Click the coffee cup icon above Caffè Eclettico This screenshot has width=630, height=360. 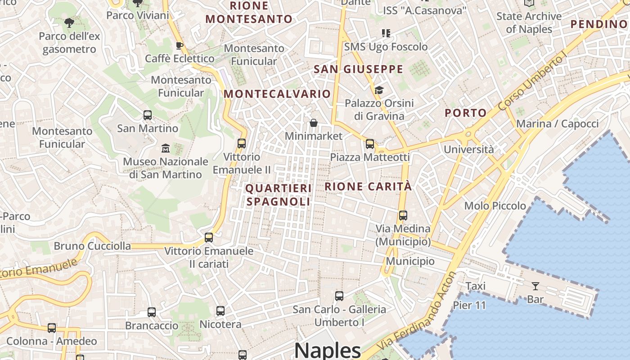[x=179, y=45]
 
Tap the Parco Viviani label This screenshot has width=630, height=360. [x=137, y=15]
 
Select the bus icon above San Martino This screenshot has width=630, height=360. [x=148, y=115]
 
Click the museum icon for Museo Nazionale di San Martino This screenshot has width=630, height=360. [x=166, y=148]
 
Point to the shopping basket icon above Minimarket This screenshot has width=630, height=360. [x=314, y=123]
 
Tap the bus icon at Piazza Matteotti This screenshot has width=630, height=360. [x=370, y=144]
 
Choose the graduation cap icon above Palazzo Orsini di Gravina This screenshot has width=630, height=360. [x=379, y=90]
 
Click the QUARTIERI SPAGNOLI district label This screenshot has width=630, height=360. [x=279, y=195]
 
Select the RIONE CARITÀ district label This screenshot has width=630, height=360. [x=368, y=186]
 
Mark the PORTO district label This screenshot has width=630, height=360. [x=466, y=113]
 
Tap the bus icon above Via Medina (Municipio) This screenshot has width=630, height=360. [x=403, y=216]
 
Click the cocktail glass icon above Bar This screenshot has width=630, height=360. [x=535, y=286]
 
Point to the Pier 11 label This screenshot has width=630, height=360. [x=469, y=306]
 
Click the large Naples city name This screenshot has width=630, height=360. [x=328, y=350]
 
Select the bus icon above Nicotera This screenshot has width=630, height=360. [x=220, y=311]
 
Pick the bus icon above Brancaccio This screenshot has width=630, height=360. [x=152, y=312]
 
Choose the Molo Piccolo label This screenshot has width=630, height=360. [x=495, y=206]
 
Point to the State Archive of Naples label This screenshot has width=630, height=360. [x=529, y=22]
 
